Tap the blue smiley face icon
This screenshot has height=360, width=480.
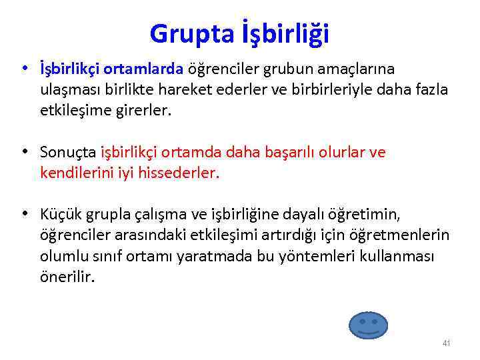368,325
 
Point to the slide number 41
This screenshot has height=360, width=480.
446,343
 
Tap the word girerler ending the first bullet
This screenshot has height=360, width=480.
141,111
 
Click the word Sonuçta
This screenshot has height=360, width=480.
68,153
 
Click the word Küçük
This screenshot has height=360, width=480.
59,215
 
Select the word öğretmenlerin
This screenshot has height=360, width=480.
405,236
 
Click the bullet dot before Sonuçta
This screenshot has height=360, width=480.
24,151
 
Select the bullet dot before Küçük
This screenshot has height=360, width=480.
24,214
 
